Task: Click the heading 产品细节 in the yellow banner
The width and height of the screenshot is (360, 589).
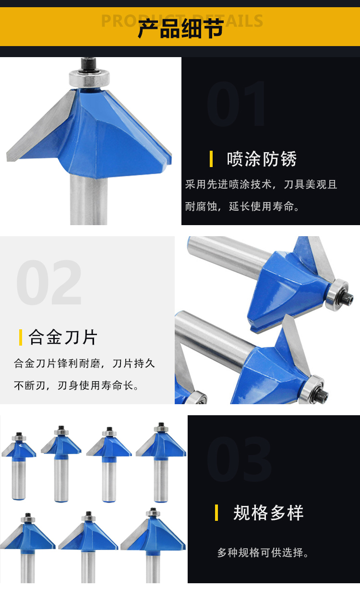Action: pos(180,28)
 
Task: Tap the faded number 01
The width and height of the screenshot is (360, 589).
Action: pos(236,104)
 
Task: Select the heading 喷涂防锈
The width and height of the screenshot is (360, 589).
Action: pos(262,159)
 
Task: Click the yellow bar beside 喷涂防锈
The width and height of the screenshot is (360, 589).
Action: pos(211,159)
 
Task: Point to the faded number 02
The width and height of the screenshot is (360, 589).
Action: pos(49,282)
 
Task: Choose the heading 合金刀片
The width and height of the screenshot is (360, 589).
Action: pos(63,337)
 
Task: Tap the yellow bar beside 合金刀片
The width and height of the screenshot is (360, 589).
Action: pos(21,337)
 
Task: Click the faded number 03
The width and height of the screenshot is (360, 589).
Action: pos(239,459)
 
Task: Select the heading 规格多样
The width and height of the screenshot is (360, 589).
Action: pos(268,513)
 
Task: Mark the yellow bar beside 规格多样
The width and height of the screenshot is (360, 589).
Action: pos(216,513)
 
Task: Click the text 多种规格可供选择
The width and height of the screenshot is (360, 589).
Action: pos(263,553)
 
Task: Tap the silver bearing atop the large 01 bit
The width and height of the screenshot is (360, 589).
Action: pos(89,78)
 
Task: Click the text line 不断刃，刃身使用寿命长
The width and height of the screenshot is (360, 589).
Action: pos(76,386)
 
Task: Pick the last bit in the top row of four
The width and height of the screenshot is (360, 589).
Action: pos(161,462)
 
